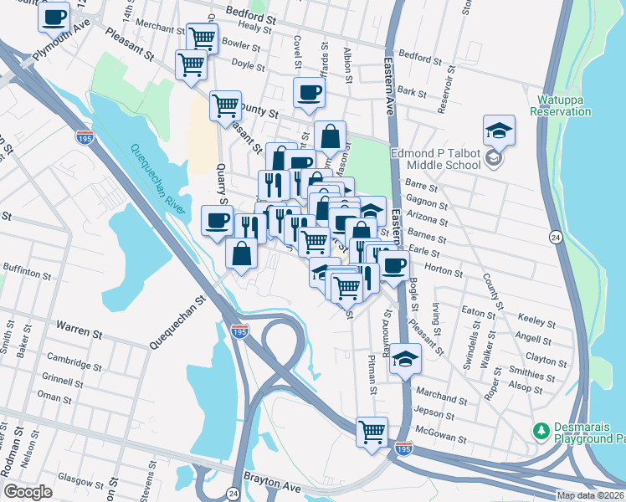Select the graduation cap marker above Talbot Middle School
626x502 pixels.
499,131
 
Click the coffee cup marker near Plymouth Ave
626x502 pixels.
54,17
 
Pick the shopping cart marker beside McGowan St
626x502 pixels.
372,433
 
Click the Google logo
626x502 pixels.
27,492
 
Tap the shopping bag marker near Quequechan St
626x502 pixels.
241,254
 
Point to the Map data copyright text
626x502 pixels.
590,495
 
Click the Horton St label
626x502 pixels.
444,271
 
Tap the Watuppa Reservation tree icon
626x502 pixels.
541,95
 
